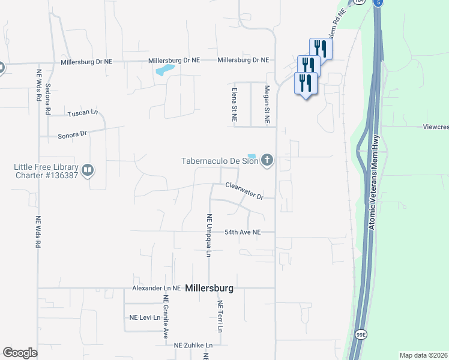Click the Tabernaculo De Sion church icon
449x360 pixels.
pyautogui.click(x=267, y=160)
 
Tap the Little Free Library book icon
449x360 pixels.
pyautogui.click(x=88, y=171)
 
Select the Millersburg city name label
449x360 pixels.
pyautogui.click(x=209, y=288)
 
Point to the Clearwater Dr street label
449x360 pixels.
pyautogui.click(x=244, y=191)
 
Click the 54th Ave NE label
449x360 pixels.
pyautogui.click(x=243, y=232)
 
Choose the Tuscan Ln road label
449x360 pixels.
pyautogui.click(x=82, y=113)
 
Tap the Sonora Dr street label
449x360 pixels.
pyautogui.click(x=72, y=135)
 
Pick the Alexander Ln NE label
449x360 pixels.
pyautogui.click(x=156, y=288)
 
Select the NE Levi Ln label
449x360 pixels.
pyautogui.click(x=143, y=317)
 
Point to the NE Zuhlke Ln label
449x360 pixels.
pyautogui.click(x=193, y=346)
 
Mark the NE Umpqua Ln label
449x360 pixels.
pyautogui.click(x=209, y=235)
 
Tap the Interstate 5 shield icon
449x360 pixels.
pyautogui.click(x=378, y=3)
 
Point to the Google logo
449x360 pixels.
pyautogui.click(x=20, y=353)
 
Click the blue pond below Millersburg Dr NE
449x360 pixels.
pyautogui.click(x=164, y=71)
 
